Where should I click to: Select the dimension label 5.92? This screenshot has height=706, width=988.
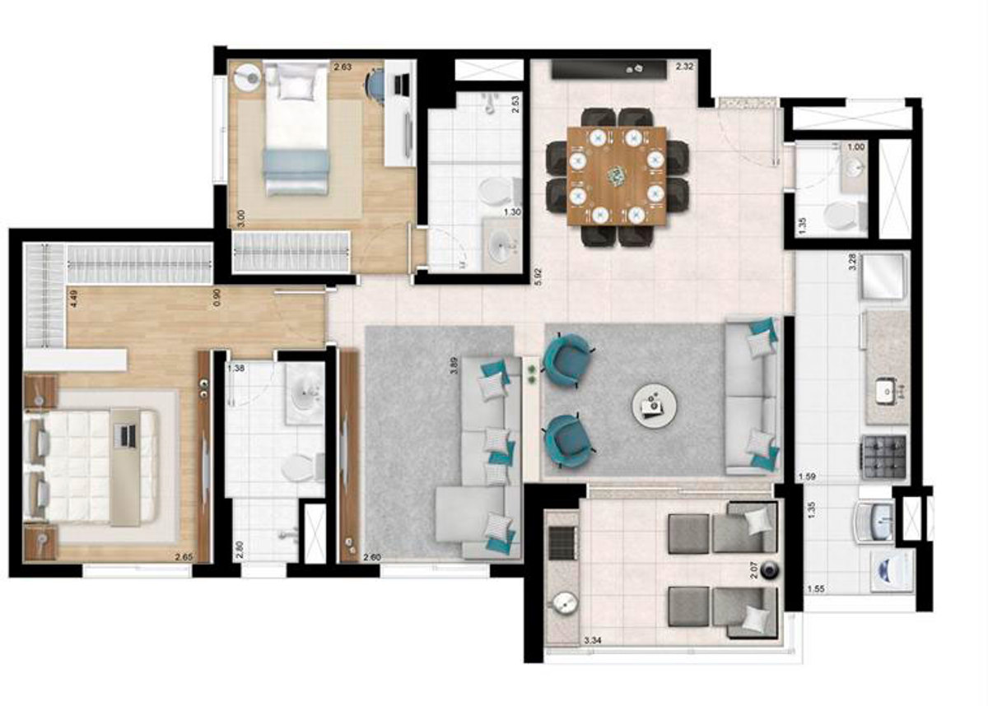click(538, 273)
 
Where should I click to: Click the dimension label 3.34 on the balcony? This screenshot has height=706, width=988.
click(594, 639)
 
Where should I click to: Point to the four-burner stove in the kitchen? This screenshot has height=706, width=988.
click(883, 452)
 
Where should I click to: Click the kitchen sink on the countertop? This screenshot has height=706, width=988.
click(886, 392)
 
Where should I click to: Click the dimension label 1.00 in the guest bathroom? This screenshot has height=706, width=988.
click(856, 147)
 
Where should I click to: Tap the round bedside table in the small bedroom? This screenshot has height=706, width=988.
click(246, 77)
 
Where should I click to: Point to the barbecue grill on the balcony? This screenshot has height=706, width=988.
click(563, 542)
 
